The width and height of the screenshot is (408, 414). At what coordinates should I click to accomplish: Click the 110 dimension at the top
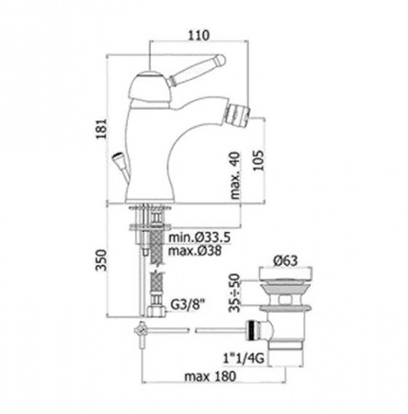click(198, 35)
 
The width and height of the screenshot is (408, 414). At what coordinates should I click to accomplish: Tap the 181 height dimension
click(101, 129)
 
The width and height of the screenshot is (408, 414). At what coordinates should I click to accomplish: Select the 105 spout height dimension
click(258, 160)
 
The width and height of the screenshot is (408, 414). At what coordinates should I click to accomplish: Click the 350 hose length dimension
click(101, 260)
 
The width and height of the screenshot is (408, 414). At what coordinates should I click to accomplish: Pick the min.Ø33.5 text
click(199, 237)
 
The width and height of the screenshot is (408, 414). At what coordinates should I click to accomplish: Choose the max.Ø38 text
click(195, 251)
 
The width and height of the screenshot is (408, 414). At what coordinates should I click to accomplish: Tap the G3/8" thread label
click(187, 305)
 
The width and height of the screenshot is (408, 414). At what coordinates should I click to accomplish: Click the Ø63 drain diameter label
click(286, 260)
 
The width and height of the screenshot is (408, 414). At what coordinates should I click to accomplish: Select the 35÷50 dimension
click(235, 293)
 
